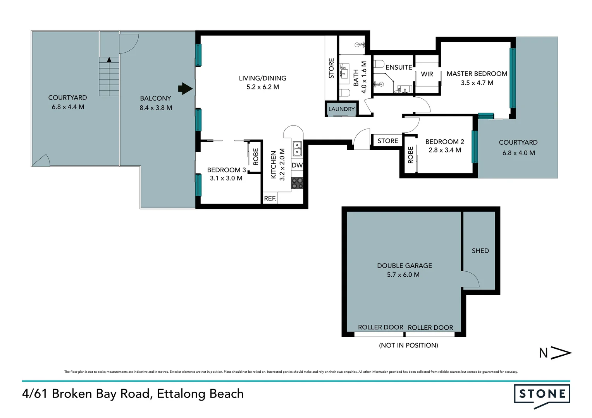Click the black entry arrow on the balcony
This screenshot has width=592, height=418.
(x=185, y=89)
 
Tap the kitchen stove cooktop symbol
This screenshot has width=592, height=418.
(x=297, y=183)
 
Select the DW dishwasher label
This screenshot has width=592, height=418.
(x=297, y=165)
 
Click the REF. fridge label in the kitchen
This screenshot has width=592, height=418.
(x=270, y=198)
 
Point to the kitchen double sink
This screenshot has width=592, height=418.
(x=297, y=149)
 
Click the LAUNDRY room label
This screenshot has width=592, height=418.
(x=341, y=109)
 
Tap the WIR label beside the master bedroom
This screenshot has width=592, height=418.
(x=427, y=74)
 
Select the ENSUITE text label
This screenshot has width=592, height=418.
(x=399, y=67)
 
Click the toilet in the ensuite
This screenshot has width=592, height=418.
(x=379, y=64)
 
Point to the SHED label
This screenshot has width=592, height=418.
(x=480, y=250)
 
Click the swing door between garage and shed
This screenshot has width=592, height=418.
(x=470, y=279)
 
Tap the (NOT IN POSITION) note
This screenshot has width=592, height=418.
(x=408, y=345)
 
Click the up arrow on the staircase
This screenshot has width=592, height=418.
(x=109, y=60)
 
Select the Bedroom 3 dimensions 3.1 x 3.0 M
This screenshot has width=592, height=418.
(x=226, y=178)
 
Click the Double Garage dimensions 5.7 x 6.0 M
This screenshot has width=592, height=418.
(x=403, y=275)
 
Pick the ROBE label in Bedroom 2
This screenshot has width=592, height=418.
(x=410, y=155)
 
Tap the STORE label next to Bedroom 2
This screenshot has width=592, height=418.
(x=388, y=141)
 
